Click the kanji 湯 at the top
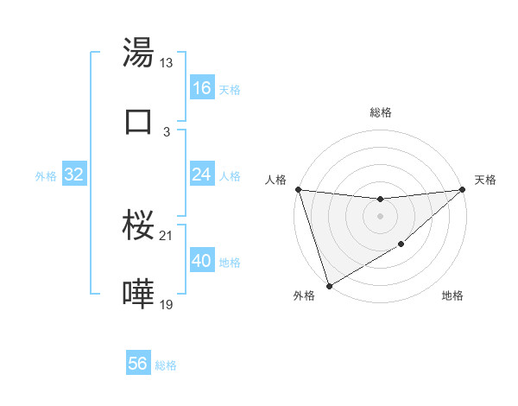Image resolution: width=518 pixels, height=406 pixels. pos(139,54)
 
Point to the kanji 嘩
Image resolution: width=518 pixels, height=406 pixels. pos(139,294)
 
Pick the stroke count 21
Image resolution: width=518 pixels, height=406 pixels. pos(167,236)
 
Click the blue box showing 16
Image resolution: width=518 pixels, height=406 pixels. pos(202,87)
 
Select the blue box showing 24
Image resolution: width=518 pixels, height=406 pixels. pos(202,174)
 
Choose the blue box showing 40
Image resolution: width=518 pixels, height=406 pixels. pos(202,261)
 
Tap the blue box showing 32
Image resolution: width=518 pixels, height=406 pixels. pos(74,174)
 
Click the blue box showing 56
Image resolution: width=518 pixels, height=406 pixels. pos(138,364)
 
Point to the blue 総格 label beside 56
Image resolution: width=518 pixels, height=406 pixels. pos(167,365)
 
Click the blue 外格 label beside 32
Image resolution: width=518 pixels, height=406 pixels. pos(46,176)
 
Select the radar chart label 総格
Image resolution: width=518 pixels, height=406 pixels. pos(381,112)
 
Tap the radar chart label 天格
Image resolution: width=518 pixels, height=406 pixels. pos(486,180)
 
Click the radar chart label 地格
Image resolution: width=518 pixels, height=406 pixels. pos(452,296)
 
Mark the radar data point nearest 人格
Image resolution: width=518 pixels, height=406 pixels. pos(298,189)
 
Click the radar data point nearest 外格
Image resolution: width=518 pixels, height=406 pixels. pos(329,285)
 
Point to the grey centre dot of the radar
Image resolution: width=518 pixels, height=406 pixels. pos(380,216)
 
